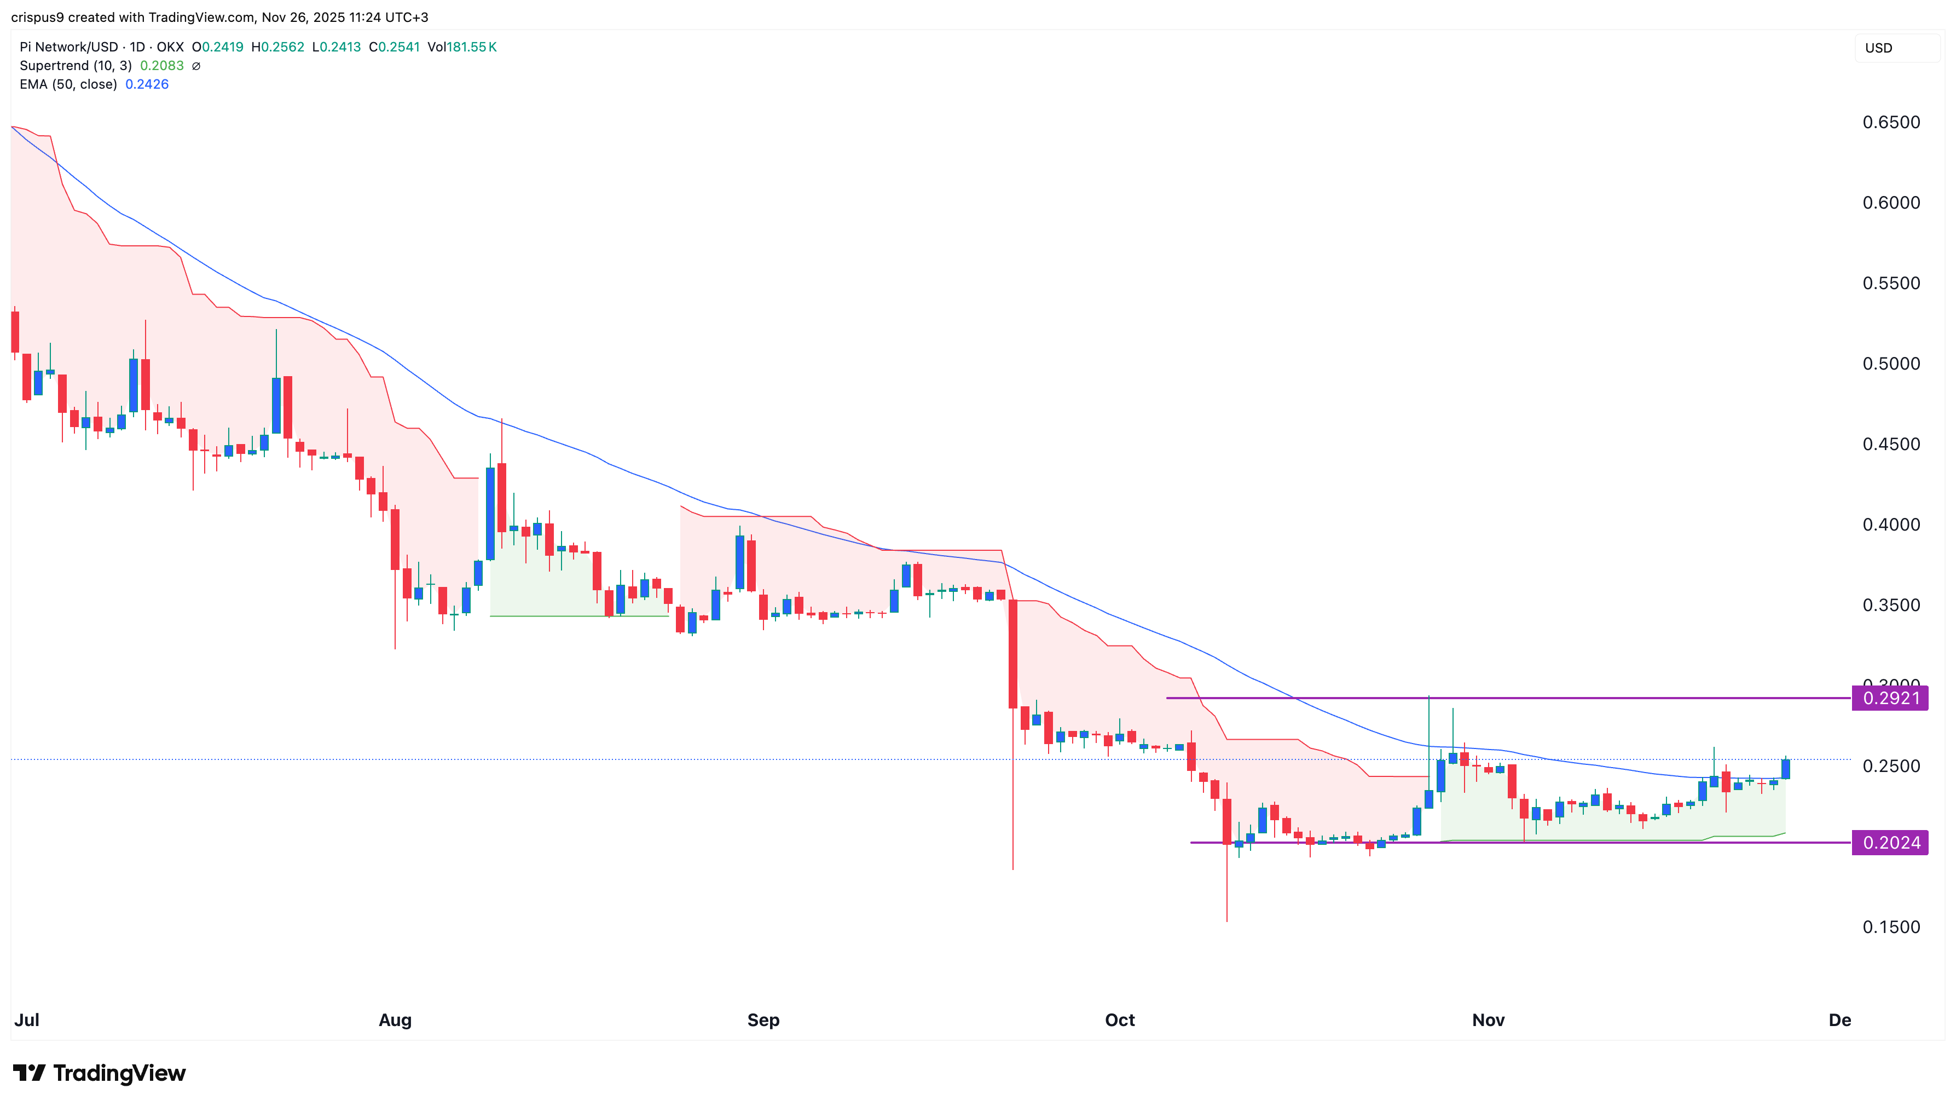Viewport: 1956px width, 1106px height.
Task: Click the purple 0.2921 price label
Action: (1890, 698)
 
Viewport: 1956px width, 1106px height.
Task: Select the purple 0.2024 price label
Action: (1890, 843)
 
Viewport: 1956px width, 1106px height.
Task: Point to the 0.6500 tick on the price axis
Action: (1891, 122)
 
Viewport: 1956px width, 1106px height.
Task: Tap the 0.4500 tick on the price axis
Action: (1891, 445)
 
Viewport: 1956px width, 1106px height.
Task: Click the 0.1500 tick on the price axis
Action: (1891, 927)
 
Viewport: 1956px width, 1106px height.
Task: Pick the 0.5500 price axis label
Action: (1891, 283)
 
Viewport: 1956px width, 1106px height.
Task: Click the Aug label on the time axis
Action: (395, 1020)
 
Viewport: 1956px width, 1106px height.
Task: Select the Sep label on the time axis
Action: (763, 1020)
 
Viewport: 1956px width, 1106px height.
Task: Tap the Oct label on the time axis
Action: (1119, 1020)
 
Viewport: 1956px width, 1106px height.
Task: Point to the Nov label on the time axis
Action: (1488, 1020)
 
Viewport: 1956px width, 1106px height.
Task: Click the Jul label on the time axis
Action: (27, 1020)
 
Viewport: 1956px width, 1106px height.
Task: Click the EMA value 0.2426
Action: (147, 84)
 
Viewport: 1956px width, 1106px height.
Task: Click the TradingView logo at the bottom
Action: (100, 1073)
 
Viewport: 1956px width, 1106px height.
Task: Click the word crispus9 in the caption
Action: (37, 18)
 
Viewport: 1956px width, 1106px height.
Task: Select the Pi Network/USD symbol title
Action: (69, 47)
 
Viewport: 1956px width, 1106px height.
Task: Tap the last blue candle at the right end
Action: (1785, 769)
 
